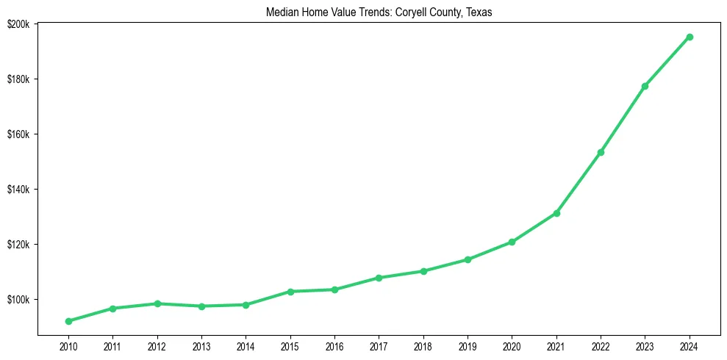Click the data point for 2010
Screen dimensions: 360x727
[68, 321]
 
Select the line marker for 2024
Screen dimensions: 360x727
[690, 37]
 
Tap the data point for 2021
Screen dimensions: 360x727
[556, 213]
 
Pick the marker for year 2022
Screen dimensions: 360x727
[601, 152]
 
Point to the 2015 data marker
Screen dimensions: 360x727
[290, 292]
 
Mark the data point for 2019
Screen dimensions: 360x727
[468, 259]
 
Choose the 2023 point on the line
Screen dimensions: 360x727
[645, 86]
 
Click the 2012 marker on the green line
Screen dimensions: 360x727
[157, 303]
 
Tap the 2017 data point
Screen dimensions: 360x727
[379, 278]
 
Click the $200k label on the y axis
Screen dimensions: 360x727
[18, 24]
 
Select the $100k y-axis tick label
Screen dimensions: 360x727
[18, 300]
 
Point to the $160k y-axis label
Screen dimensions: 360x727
[18, 134]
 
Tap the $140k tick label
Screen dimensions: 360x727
[18, 190]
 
